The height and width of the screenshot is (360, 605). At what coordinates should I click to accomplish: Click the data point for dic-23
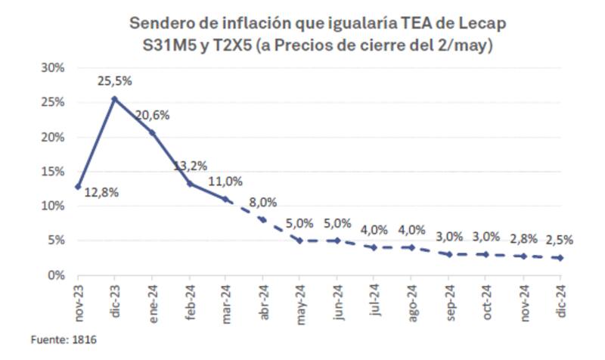pos(114,98)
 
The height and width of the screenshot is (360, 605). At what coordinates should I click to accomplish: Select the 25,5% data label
pos(114,80)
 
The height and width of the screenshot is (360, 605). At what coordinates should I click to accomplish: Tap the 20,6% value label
pos(152,116)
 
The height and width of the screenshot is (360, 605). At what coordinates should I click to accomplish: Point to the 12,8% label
pos(101,192)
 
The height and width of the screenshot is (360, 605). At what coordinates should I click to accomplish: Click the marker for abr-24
pos(262,219)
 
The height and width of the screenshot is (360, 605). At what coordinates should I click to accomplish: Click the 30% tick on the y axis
pos(53,67)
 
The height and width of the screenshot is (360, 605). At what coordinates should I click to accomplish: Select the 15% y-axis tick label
pos(53,172)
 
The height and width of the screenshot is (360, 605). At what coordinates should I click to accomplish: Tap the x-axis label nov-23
pos(79,301)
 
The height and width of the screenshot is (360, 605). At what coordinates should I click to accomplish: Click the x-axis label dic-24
pos(560,301)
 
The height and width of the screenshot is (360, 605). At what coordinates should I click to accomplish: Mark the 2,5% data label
pos(560,240)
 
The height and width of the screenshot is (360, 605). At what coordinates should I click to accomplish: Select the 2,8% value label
pos(523,238)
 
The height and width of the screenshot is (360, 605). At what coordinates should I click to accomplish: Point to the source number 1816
pos(85,340)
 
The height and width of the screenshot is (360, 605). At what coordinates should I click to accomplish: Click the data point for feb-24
pos(188,184)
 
